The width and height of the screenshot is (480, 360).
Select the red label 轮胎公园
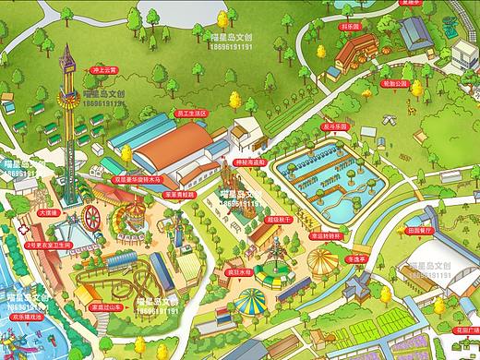coord(394,84)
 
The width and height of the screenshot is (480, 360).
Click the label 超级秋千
coord(278,219)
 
